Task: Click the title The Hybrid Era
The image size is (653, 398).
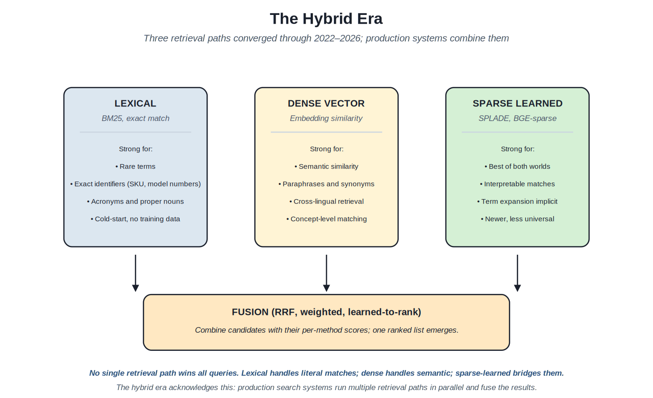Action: pyautogui.click(x=326, y=19)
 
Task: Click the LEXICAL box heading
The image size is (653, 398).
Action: pyautogui.click(x=135, y=104)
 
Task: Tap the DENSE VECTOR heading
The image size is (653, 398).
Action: pyautogui.click(x=326, y=104)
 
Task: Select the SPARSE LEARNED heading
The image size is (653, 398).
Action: pyautogui.click(x=517, y=104)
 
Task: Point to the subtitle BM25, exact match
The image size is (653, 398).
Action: pyautogui.click(x=135, y=119)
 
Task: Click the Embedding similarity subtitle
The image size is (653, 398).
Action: pyautogui.click(x=326, y=119)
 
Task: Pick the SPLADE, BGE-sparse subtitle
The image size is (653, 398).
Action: pyautogui.click(x=517, y=119)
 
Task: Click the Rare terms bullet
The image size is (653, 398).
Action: pyautogui.click(x=135, y=167)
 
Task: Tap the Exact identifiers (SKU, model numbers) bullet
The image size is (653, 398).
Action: pyautogui.click(x=135, y=184)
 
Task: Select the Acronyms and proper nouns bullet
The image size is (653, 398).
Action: pyautogui.click(x=135, y=202)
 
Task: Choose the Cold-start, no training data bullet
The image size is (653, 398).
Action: pyautogui.click(x=135, y=219)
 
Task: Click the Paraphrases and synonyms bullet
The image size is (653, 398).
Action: pyautogui.click(x=326, y=184)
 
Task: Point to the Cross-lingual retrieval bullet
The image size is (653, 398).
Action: pyautogui.click(x=326, y=202)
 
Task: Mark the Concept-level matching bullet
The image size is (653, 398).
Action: pyautogui.click(x=326, y=219)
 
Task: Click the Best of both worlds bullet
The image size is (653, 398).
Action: pyautogui.click(x=517, y=167)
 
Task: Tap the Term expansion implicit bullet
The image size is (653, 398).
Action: pyautogui.click(x=517, y=202)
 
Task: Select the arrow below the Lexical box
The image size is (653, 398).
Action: pyautogui.click(x=135, y=273)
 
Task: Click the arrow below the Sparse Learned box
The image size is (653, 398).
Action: pyautogui.click(x=517, y=273)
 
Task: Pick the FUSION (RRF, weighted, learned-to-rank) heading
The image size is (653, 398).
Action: pyautogui.click(x=326, y=312)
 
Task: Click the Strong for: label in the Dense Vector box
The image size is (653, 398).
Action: pyautogui.click(x=326, y=149)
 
